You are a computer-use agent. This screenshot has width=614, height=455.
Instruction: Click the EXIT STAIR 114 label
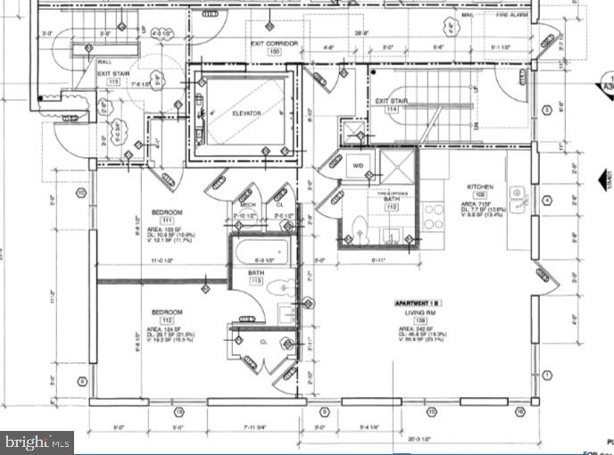click(x=392, y=102)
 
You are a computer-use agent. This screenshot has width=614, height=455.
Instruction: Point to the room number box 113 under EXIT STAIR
click(x=113, y=81)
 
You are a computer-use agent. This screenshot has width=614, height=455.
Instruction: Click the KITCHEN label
click(x=480, y=187)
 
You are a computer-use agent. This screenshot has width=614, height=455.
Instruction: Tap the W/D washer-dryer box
click(x=357, y=165)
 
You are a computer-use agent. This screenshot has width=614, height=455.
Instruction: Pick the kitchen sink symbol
click(x=517, y=193)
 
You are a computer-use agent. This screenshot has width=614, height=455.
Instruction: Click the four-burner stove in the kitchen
click(x=433, y=216)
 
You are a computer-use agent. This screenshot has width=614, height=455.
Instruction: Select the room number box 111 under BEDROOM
click(x=167, y=221)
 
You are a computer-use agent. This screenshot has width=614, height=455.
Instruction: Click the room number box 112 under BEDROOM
click(x=167, y=320)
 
